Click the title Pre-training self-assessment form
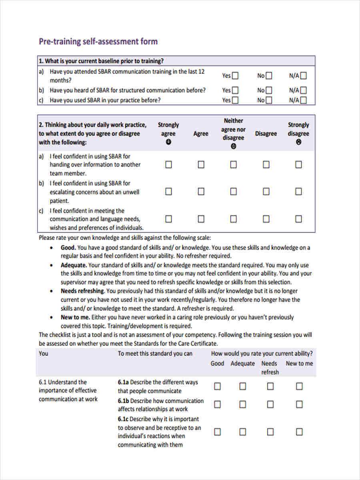(x=98, y=42)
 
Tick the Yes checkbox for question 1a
(x=235, y=76)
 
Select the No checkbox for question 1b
(x=269, y=90)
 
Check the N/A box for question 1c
(x=304, y=100)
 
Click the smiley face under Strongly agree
(x=168, y=142)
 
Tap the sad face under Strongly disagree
(x=298, y=142)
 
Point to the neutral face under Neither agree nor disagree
(x=234, y=146)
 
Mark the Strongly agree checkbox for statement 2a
(x=168, y=165)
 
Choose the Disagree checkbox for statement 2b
(x=266, y=192)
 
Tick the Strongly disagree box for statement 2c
(x=298, y=219)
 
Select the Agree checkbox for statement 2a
(x=201, y=165)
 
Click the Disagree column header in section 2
(x=266, y=134)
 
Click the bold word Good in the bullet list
(x=68, y=248)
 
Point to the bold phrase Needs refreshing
(x=82, y=291)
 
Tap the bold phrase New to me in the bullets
(x=76, y=317)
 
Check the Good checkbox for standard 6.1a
(x=217, y=386)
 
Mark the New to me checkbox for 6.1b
(x=299, y=405)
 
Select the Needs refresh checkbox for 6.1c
(x=270, y=432)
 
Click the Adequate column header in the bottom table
(x=242, y=364)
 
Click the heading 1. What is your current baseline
(x=101, y=61)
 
